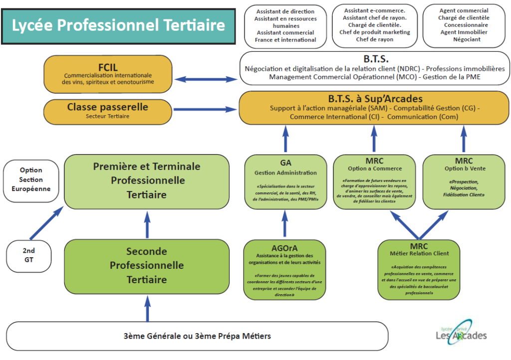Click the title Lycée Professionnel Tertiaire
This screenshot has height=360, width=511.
118,25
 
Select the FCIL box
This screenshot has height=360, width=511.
108,74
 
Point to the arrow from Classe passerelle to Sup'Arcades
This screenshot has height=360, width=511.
206,110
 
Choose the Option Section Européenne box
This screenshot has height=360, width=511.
31,180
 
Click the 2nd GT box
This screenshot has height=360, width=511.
28,254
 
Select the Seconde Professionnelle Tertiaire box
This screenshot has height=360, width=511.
146,265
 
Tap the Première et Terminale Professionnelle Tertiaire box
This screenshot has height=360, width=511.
146,180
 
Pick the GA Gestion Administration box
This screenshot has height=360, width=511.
285,181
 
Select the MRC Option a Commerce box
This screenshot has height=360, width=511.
374,181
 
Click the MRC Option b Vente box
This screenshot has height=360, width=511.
464,181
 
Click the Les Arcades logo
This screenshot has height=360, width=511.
461,332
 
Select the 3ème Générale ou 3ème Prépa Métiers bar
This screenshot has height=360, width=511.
197,336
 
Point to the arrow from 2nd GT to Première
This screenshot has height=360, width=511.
46,222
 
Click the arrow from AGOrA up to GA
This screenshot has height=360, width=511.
285,223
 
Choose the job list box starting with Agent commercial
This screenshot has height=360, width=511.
464,25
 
